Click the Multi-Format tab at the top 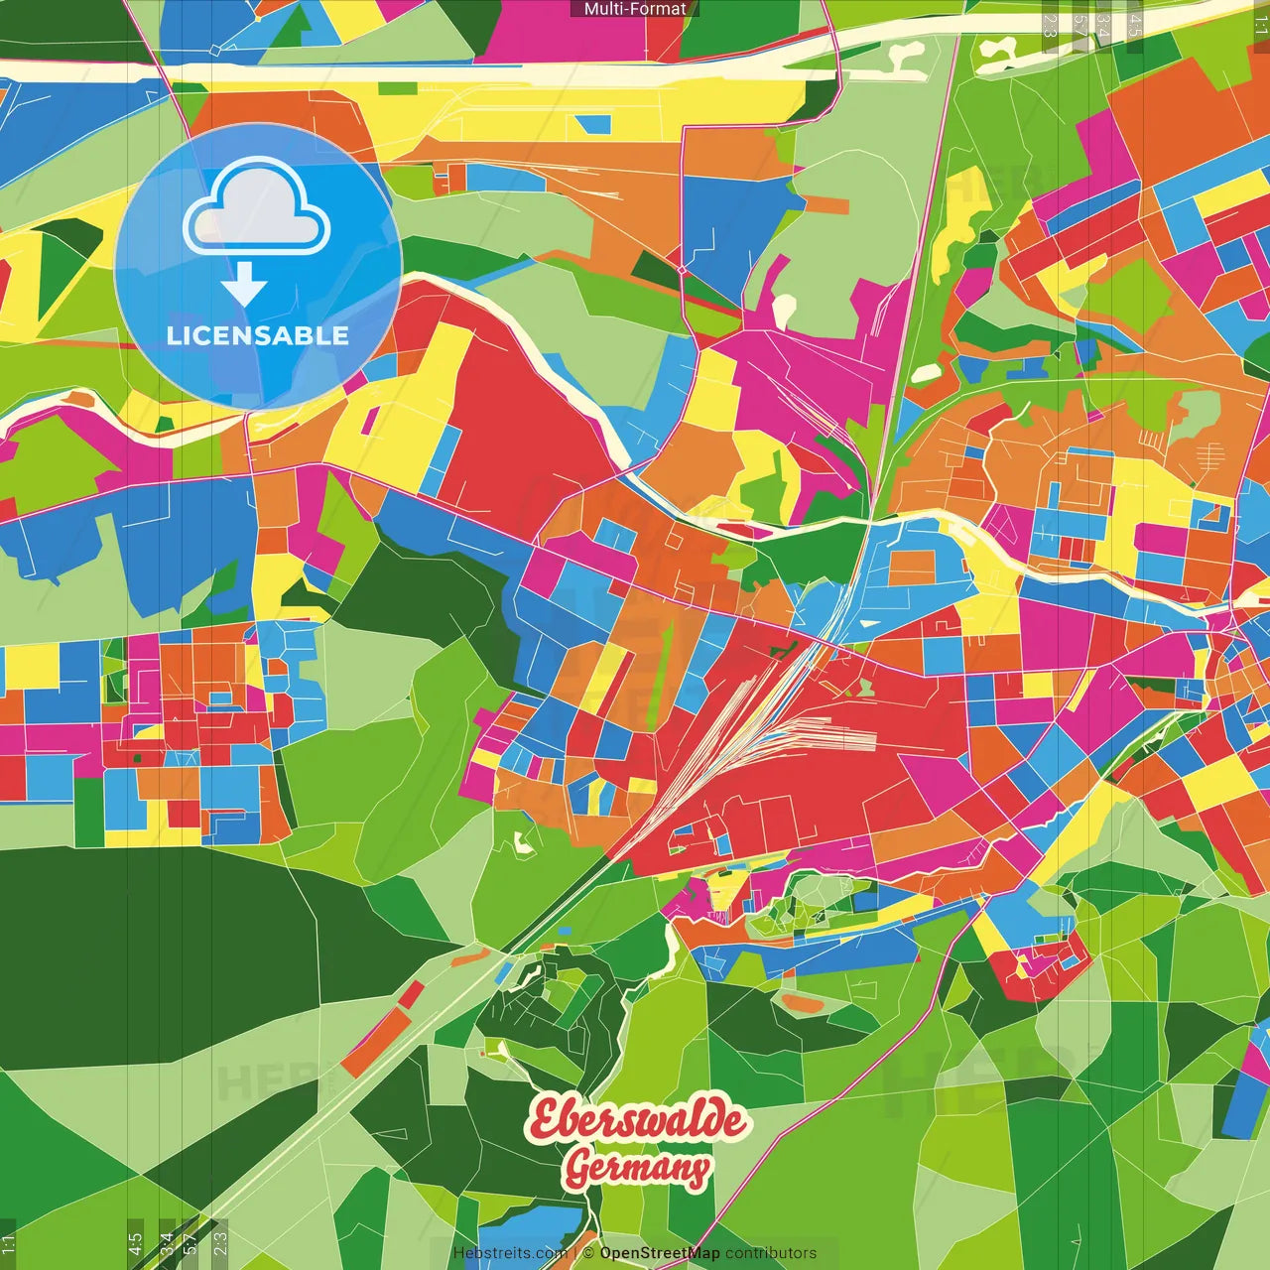[634, 9]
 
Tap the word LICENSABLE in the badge [258, 335]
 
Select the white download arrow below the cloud [244, 285]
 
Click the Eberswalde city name [637, 1120]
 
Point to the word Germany [637, 1168]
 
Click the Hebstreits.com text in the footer [510, 1253]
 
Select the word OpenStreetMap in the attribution [660, 1253]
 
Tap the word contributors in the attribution [771, 1253]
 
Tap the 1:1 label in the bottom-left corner [9, 1244]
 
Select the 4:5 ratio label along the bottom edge [135, 1244]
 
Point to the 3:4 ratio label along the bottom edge [167, 1244]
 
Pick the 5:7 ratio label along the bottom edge [190, 1244]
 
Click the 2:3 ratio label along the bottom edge [219, 1244]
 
